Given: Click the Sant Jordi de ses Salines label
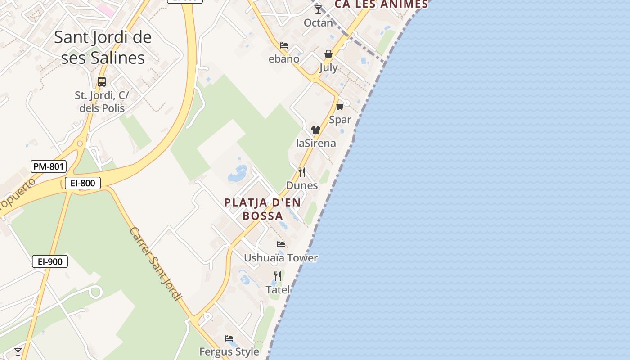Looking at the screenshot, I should tap(103, 47).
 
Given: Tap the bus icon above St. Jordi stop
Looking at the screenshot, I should tap(102, 82).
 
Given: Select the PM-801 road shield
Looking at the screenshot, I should tap(49, 166).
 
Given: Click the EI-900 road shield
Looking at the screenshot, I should tap(50, 261).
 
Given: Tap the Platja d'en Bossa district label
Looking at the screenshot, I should tap(263, 209).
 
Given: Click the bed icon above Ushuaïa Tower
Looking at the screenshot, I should tap(281, 244).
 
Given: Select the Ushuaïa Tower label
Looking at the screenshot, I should tap(281, 258).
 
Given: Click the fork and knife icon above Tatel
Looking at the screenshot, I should tap(278, 276).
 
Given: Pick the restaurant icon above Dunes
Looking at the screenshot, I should tap(302, 172).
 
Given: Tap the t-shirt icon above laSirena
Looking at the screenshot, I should tap(315, 130).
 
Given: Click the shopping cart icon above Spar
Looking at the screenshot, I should tap(340, 106).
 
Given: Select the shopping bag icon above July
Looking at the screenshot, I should tap(328, 54).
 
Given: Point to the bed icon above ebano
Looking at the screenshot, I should tap(283, 45).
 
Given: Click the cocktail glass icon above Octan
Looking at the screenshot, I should tap(318, 9).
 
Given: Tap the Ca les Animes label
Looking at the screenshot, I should tap(381, 4).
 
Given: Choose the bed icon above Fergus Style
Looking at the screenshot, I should tap(229, 338).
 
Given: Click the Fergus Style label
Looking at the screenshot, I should tap(229, 351).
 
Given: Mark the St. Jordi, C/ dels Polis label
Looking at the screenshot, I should tap(102, 102).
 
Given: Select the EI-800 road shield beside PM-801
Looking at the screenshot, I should tap(82, 183).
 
